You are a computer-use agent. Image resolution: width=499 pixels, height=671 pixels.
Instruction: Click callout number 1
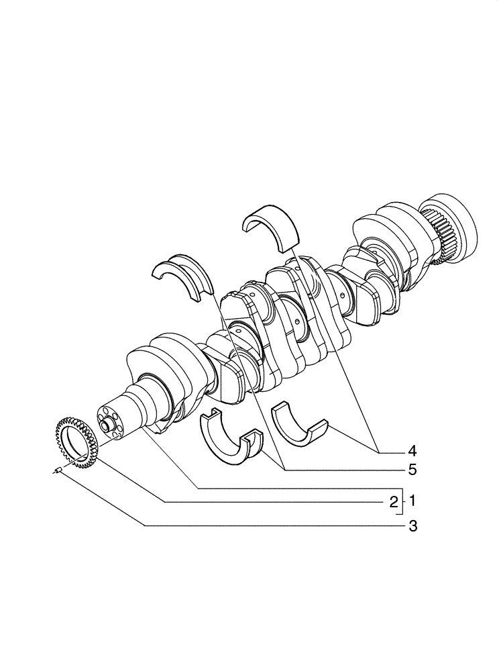(x=413, y=501)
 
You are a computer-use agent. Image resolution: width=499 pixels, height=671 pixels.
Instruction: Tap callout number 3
(x=413, y=527)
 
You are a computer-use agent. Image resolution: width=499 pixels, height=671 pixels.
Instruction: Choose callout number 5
(x=413, y=469)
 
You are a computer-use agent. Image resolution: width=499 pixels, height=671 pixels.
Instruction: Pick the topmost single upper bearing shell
(x=272, y=226)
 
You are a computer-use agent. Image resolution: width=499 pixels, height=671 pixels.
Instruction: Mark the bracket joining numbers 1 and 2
(x=402, y=501)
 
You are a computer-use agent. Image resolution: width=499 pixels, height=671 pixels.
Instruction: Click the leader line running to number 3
(x=235, y=527)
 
